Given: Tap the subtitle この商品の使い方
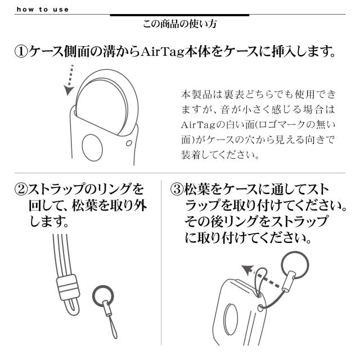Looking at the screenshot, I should pos(179,25).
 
